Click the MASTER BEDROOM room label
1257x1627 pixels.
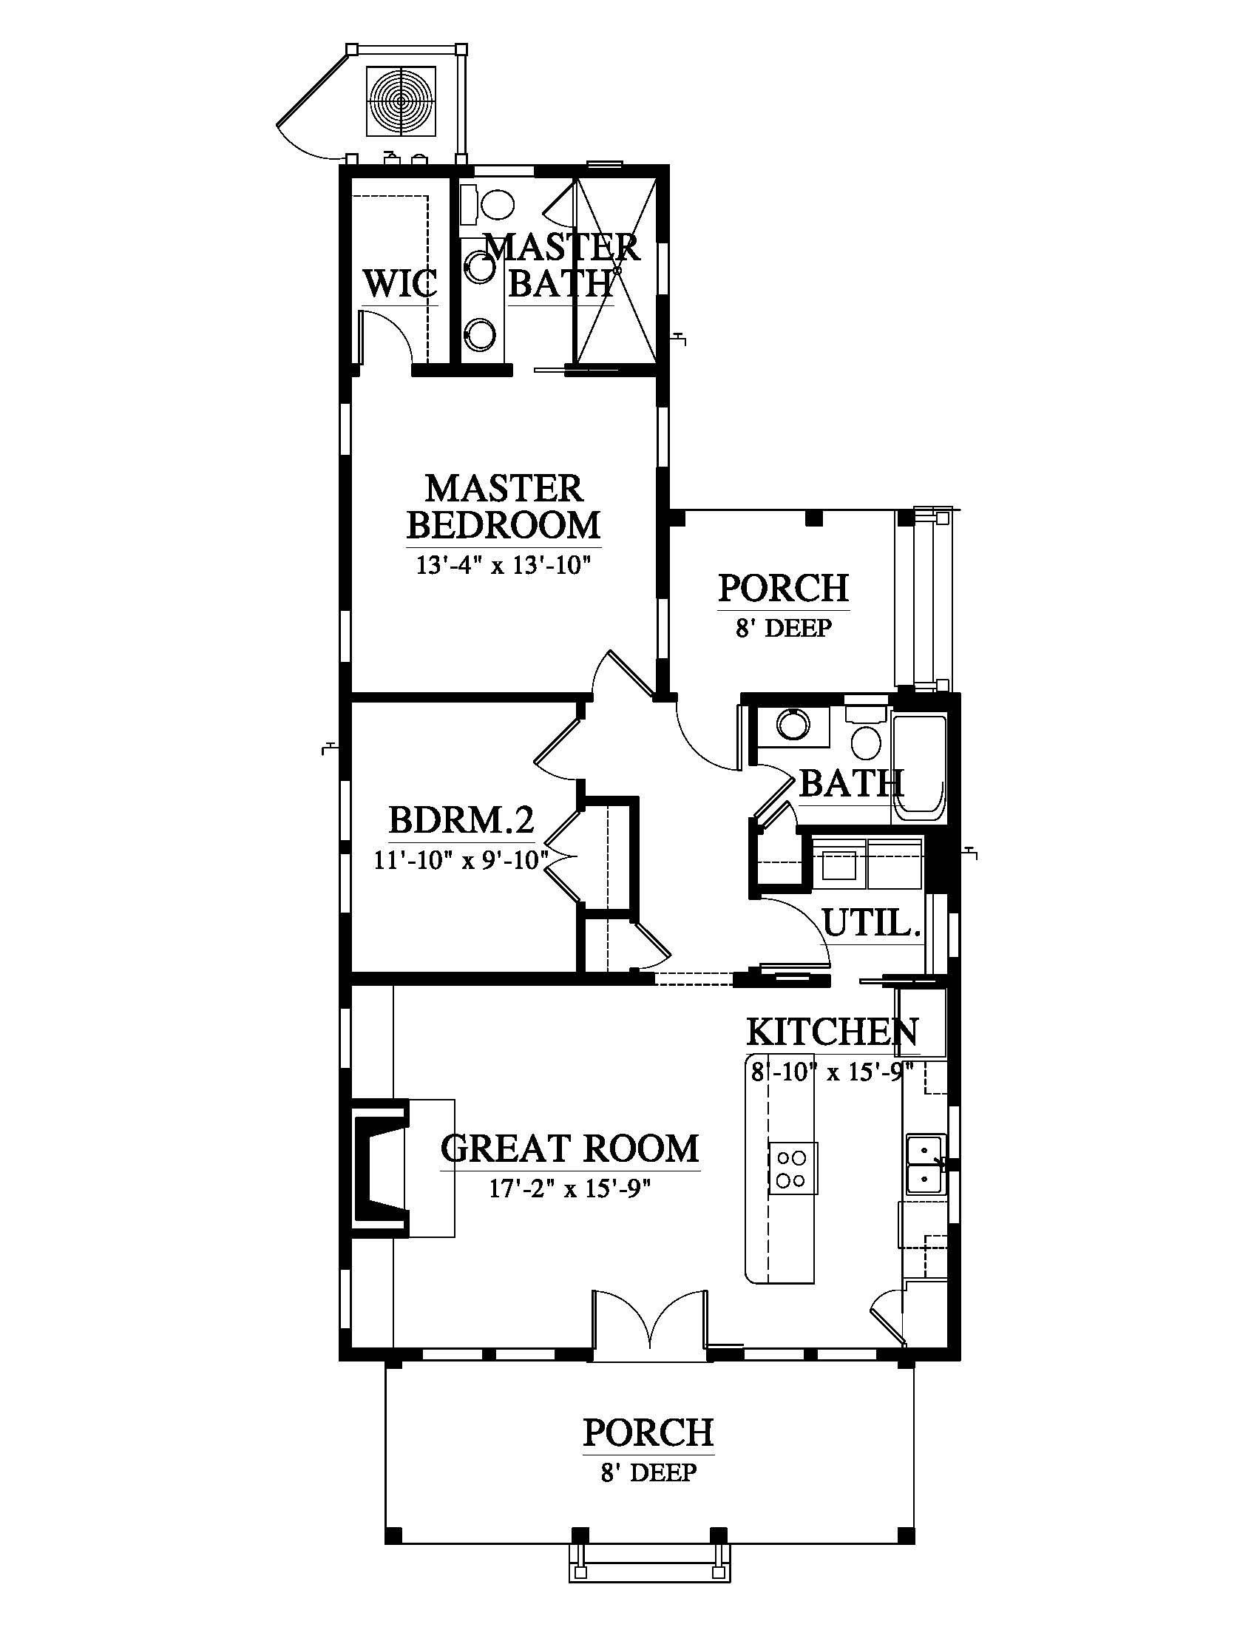[x=504, y=507]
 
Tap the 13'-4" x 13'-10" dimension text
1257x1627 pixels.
[x=504, y=566]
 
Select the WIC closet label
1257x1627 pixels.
[x=400, y=284]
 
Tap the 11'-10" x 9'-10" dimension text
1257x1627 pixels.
[x=461, y=860]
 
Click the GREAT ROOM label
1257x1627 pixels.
[x=569, y=1149]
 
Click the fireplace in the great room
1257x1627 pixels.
[x=381, y=1168]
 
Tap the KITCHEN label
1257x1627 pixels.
[x=833, y=1032]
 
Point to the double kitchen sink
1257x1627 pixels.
[x=926, y=1164]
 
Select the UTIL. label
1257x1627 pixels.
[x=872, y=924]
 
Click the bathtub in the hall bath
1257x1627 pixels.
[x=919, y=768]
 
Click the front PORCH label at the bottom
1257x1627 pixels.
[x=648, y=1432]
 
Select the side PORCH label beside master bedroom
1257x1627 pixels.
[x=783, y=589]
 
